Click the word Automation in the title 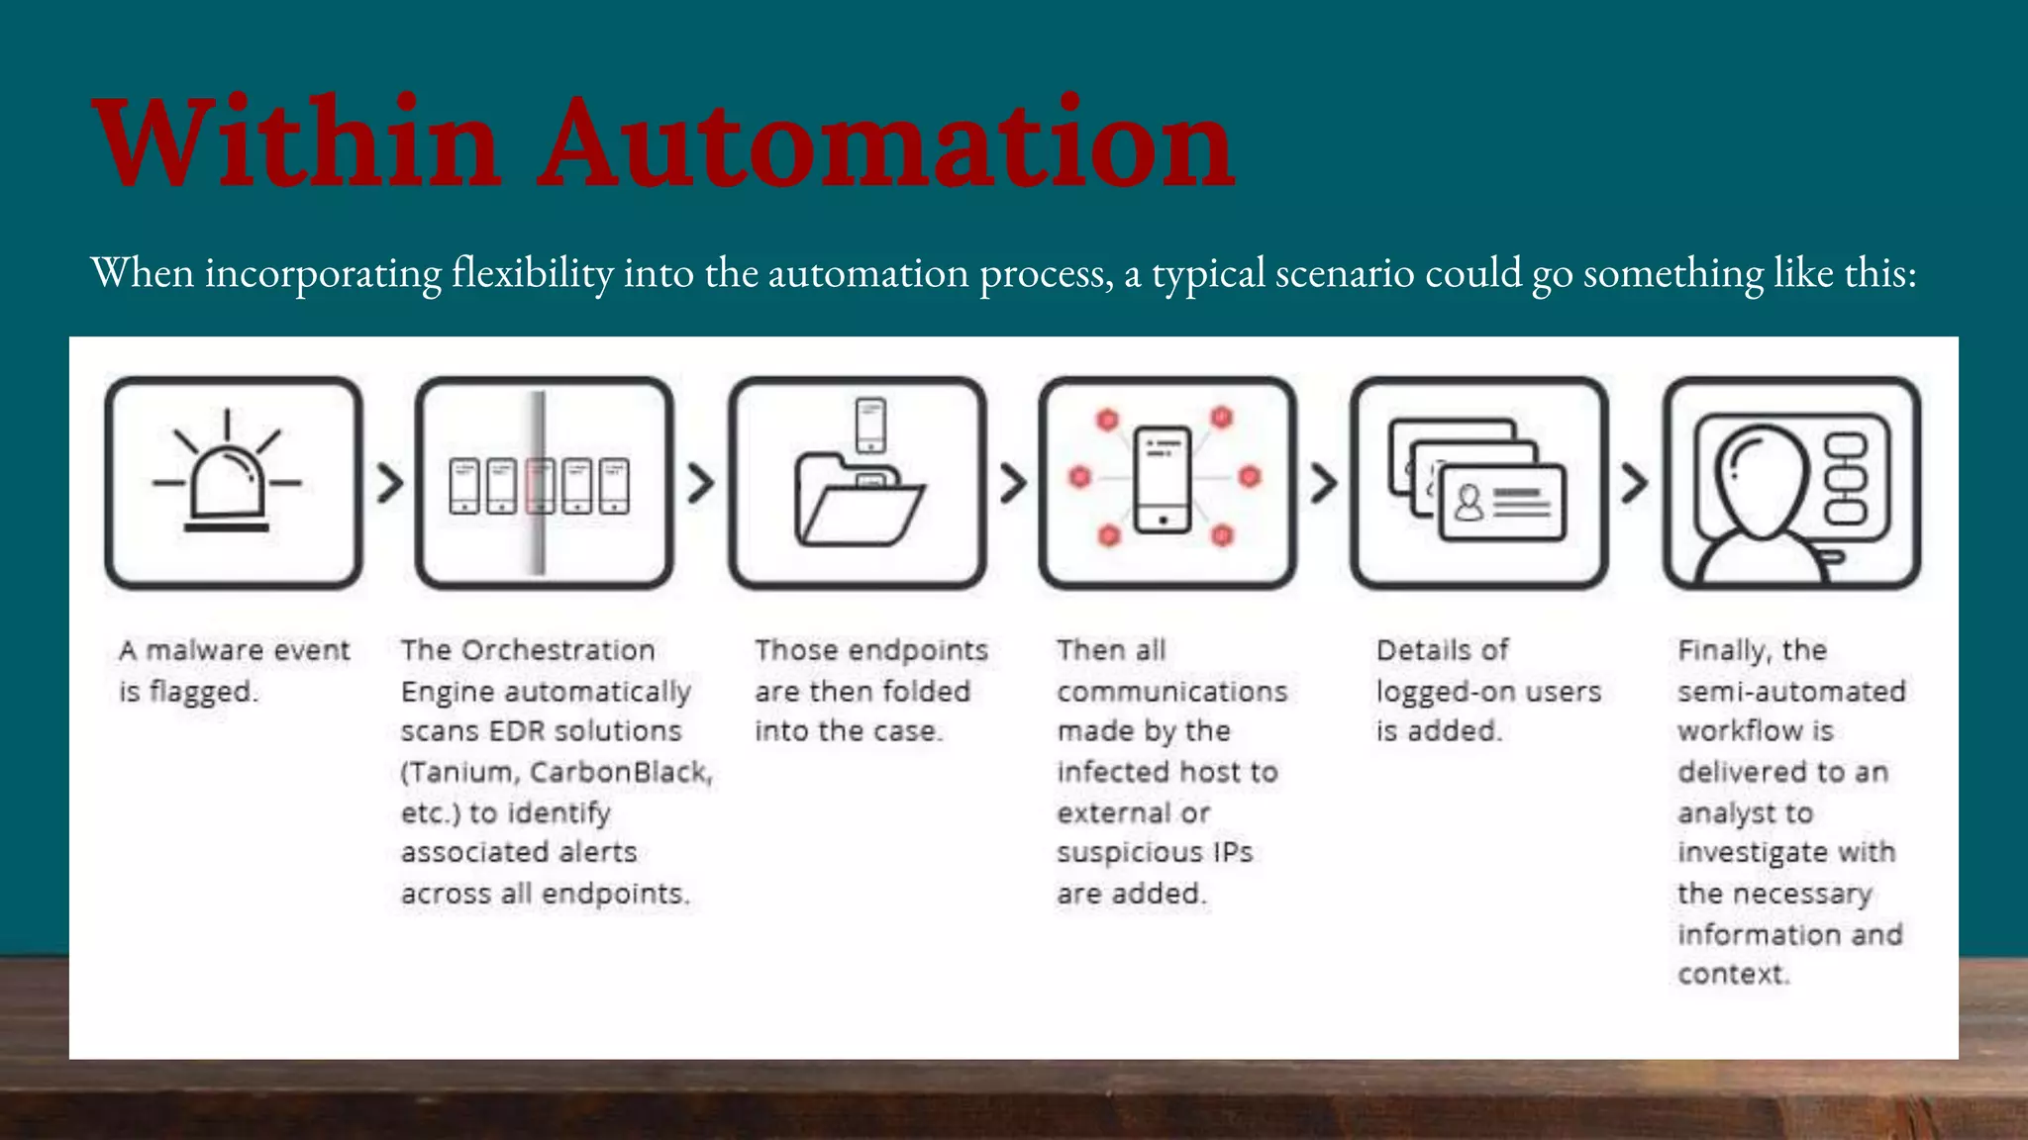click(x=886, y=143)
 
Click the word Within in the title click(x=297, y=143)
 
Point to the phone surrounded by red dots click(x=1163, y=480)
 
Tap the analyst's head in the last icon click(x=1762, y=481)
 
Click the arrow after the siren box click(x=390, y=483)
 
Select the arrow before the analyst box click(x=1634, y=483)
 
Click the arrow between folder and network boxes click(x=1012, y=483)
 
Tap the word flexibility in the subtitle click(x=533, y=273)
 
